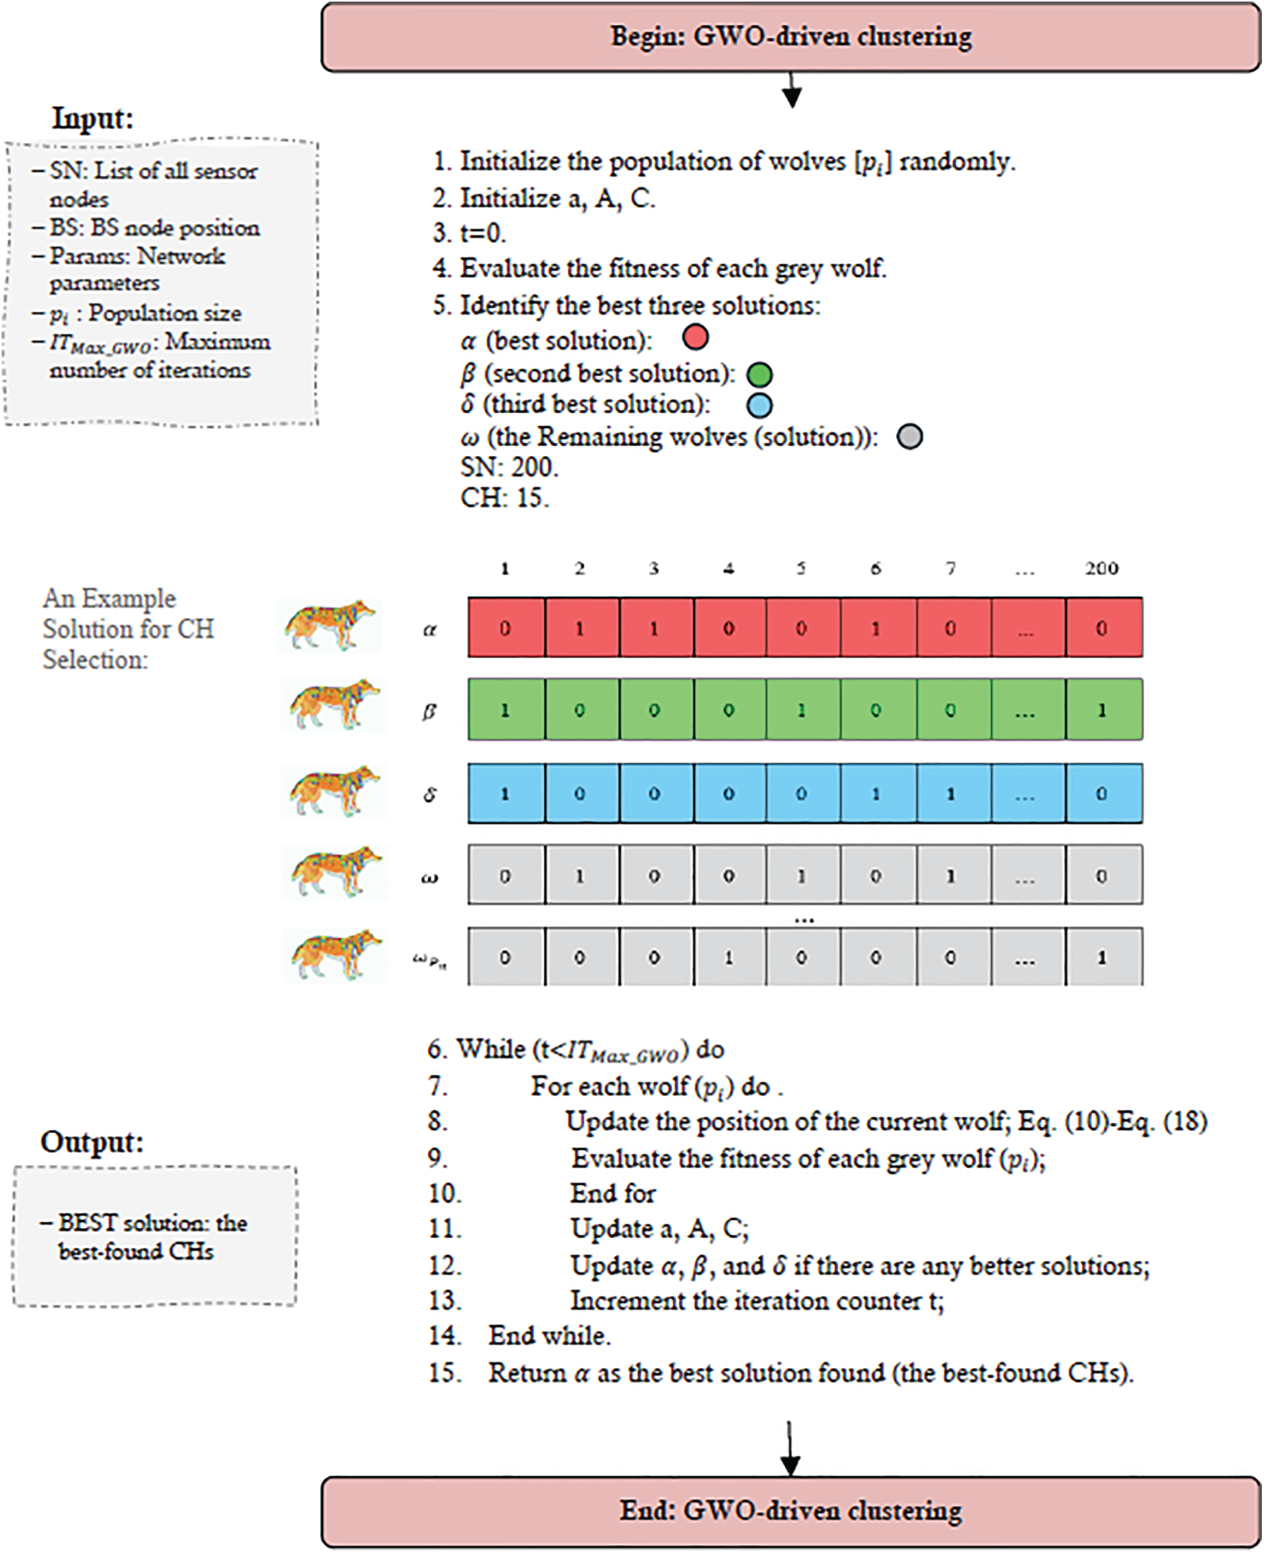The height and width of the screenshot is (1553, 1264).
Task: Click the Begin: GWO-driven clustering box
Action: tap(791, 37)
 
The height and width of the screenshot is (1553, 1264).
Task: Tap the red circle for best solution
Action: tap(696, 338)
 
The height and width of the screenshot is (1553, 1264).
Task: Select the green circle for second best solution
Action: tap(760, 375)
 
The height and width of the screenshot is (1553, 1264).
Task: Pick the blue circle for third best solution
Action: tap(760, 406)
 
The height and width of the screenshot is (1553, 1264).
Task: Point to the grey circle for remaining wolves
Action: tap(909, 437)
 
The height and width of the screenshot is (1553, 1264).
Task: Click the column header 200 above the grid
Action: tap(1101, 569)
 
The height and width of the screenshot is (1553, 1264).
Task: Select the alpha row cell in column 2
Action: tap(581, 629)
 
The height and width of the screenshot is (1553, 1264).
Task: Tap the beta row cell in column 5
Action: tap(801, 710)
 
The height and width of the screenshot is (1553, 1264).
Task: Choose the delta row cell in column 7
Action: tap(951, 793)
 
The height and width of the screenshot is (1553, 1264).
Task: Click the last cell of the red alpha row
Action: tap(1102, 629)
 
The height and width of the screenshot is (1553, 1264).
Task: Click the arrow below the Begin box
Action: tap(791, 91)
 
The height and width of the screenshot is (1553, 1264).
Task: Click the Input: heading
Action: tap(94, 118)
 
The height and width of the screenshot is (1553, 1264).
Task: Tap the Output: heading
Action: tap(92, 1142)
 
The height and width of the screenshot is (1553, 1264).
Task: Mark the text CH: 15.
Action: tap(504, 498)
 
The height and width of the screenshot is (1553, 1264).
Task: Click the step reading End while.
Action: tap(549, 1335)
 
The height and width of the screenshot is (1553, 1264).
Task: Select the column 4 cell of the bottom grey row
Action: tap(729, 957)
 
